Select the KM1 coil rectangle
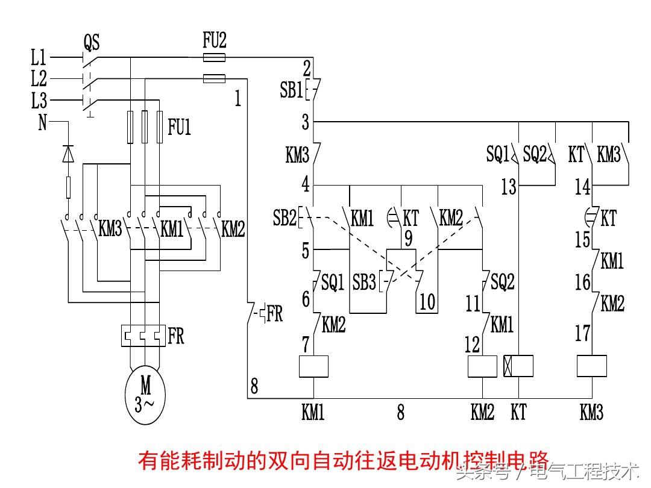pos(313,366)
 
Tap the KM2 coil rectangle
pos(482,366)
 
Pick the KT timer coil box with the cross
pos(518,366)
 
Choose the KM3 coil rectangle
pos(591,366)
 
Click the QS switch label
pos(92,43)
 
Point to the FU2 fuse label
pos(214,41)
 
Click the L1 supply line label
pos(39,58)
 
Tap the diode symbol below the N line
pos(68,154)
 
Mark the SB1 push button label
pos(291,90)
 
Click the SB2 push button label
pos(285,218)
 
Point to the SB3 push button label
pos(365,282)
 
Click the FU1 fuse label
pos(179,128)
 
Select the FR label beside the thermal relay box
pos(175,336)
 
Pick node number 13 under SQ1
pos(509,187)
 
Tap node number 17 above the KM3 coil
pos(582,333)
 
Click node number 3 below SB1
pos(306,123)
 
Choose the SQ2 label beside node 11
pos(503,281)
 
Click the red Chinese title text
pos(344,461)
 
